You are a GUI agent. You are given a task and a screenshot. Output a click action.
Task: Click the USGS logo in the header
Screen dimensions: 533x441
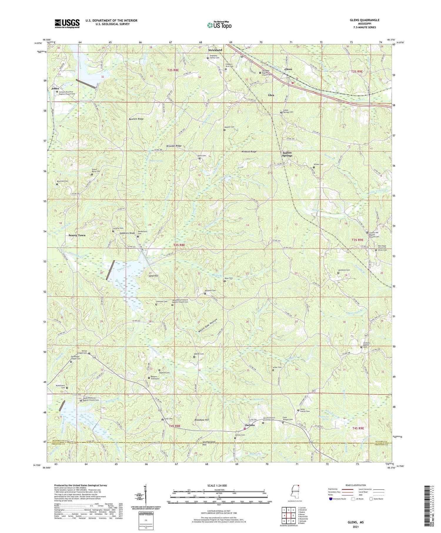[x=67, y=24]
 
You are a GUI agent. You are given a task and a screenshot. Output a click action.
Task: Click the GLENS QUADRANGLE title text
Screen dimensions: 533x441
[x=365, y=20]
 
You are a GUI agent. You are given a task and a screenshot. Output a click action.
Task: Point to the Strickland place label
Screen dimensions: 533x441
[x=216, y=50]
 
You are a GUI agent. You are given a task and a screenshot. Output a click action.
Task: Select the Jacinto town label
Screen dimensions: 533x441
[x=250, y=425]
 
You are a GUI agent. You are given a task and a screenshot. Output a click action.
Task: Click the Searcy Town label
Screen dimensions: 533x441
[x=77, y=235]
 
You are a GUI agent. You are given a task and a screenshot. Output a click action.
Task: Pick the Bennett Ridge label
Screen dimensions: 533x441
[x=136, y=119]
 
